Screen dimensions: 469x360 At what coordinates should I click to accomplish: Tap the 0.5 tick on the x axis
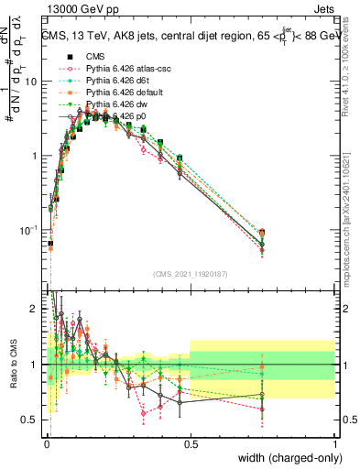191,443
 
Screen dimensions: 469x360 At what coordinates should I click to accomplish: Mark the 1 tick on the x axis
335,443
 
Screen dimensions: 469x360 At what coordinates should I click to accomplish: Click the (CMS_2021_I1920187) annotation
191,275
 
